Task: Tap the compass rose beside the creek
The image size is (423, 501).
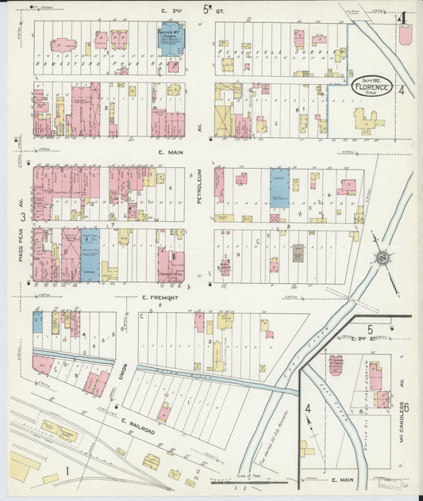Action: [x=384, y=258]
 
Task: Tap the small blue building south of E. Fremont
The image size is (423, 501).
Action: [x=37, y=321]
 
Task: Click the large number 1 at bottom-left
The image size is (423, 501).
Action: [x=68, y=472]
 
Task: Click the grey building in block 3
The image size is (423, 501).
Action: [x=298, y=253]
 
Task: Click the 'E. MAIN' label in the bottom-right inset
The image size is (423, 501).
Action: [x=343, y=480]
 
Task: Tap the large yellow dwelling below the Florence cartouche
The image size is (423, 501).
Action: [x=367, y=120]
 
